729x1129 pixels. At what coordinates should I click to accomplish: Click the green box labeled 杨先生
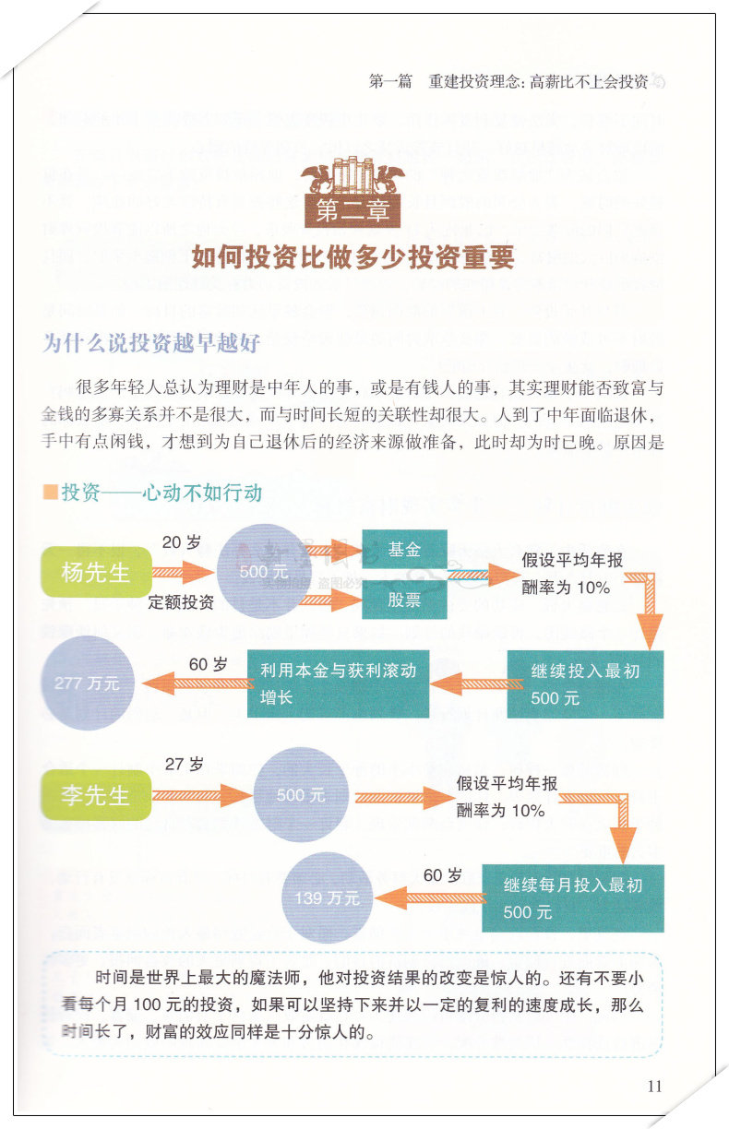pyautogui.click(x=96, y=572)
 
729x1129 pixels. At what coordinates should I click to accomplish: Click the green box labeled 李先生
pyautogui.click(x=95, y=795)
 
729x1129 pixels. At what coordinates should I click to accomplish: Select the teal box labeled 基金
pyautogui.click(x=404, y=550)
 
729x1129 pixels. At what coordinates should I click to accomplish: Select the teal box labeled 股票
pyautogui.click(x=404, y=600)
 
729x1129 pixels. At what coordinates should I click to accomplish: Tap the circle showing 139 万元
pyautogui.click(x=327, y=896)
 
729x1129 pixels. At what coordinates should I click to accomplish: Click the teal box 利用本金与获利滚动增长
pyautogui.click(x=338, y=683)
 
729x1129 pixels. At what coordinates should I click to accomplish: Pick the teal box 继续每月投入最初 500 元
pyautogui.click(x=572, y=897)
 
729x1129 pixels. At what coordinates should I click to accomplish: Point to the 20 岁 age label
pyautogui.click(x=181, y=542)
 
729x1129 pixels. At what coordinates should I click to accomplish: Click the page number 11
pyautogui.click(x=654, y=1086)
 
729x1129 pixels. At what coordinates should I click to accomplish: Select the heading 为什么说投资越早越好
pyautogui.click(x=152, y=343)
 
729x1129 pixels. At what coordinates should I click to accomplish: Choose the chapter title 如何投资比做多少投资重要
pyautogui.click(x=353, y=257)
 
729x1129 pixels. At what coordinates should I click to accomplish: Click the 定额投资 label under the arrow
pyautogui.click(x=181, y=603)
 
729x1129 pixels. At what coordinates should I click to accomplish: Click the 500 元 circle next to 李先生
pyautogui.click(x=300, y=795)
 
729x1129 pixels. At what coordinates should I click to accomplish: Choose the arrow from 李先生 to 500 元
pyautogui.click(x=201, y=795)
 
